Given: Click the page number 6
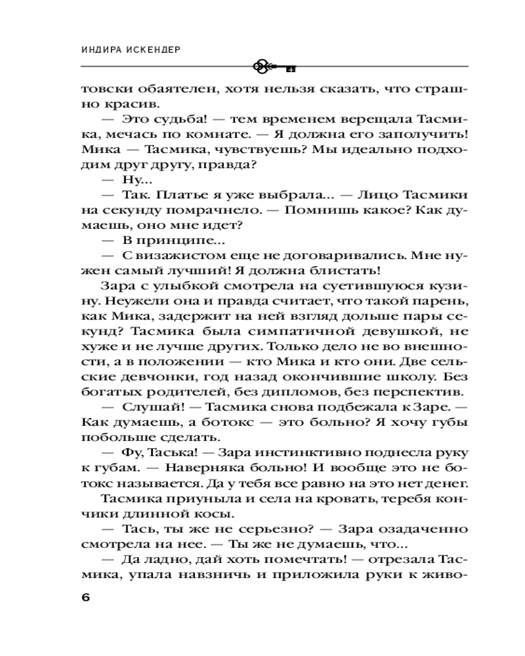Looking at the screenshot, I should pyautogui.click(x=85, y=598).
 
